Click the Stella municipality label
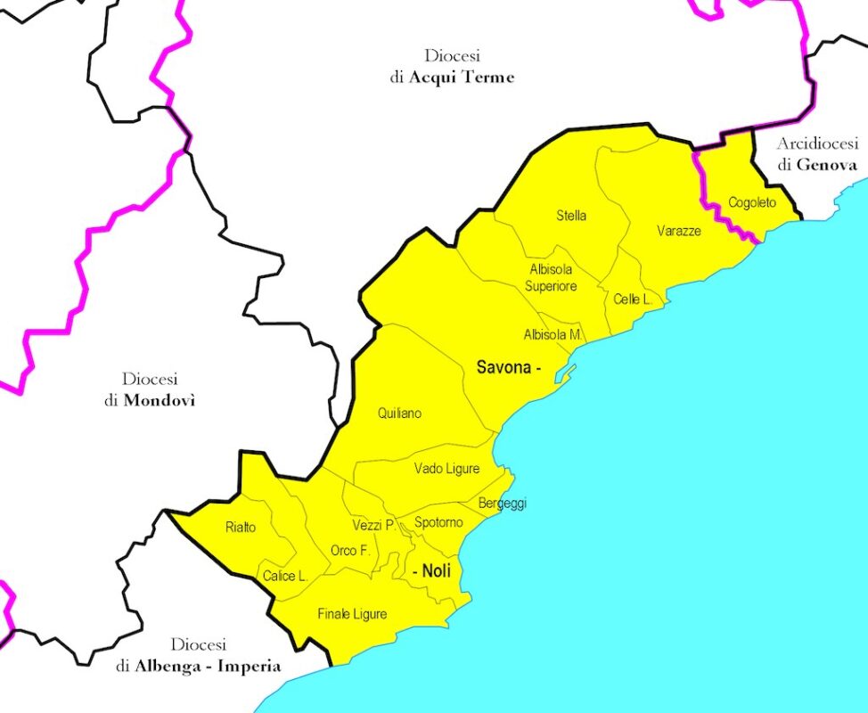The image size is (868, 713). pos(571,216)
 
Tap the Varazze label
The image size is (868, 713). pos(679,231)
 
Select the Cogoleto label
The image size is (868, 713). pos(752,202)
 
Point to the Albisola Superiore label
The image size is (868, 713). pos(552,277)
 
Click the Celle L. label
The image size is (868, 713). pos(633,299)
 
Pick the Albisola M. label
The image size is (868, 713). pos(553,335)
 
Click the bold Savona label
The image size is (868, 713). pos(504,367)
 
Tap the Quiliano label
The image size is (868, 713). pos(399,414)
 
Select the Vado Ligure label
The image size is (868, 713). pos(446,469)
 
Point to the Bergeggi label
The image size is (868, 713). pos(503,504)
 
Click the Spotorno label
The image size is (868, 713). pos(438,522)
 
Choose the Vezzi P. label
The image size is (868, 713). pos(373,526)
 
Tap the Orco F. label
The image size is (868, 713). pos(350,551)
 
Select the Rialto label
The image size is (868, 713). pos(241,528)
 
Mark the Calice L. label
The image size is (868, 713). pos(285,577)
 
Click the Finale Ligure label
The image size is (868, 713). pos(352,614)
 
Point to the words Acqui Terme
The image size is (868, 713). pos(461,78)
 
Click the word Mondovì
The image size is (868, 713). pos(160,400)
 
